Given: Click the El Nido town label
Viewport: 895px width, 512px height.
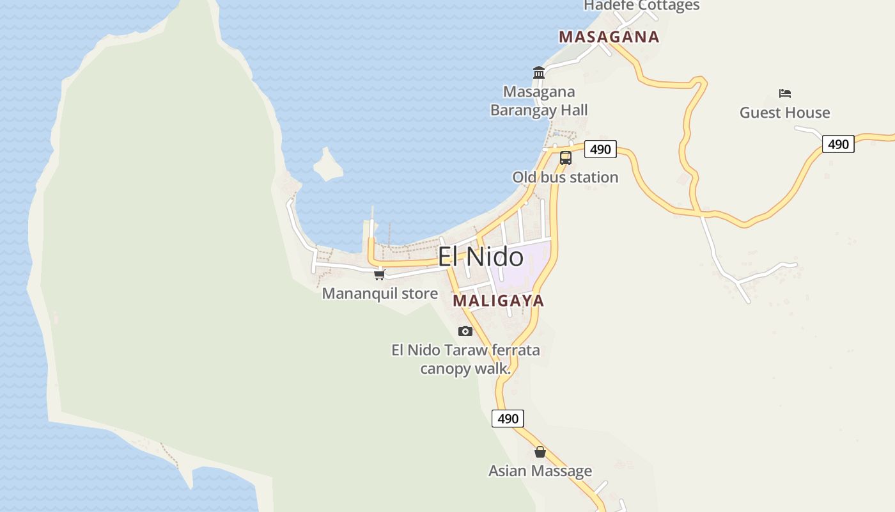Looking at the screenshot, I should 481,257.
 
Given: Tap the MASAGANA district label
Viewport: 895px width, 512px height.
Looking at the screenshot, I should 609,36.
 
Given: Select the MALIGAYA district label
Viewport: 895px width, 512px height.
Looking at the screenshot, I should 498,300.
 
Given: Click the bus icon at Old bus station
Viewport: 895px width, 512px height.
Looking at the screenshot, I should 565,157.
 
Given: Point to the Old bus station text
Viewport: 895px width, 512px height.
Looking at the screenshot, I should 565,177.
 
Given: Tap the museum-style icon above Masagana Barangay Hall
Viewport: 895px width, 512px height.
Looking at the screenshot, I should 539,73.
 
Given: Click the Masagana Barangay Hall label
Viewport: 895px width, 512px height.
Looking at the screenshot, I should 539,101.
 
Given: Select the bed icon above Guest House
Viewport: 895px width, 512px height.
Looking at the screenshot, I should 785,93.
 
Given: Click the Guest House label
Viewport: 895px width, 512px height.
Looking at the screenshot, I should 784,113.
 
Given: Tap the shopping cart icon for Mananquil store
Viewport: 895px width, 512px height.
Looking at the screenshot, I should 380,275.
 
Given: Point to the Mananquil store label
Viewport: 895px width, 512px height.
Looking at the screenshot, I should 380,294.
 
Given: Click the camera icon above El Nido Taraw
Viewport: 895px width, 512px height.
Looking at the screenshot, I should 465,331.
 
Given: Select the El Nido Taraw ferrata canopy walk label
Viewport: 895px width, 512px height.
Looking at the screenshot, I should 465,359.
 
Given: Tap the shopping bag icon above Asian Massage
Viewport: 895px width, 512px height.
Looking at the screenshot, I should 540,452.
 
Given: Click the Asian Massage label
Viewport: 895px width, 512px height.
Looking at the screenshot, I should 540,471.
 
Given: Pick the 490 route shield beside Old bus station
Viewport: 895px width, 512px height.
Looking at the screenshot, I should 600,149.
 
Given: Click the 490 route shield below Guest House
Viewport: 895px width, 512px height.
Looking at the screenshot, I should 837,144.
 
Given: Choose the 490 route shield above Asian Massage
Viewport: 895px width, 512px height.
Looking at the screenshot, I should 508,419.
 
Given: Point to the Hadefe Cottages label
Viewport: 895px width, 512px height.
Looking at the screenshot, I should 642,6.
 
